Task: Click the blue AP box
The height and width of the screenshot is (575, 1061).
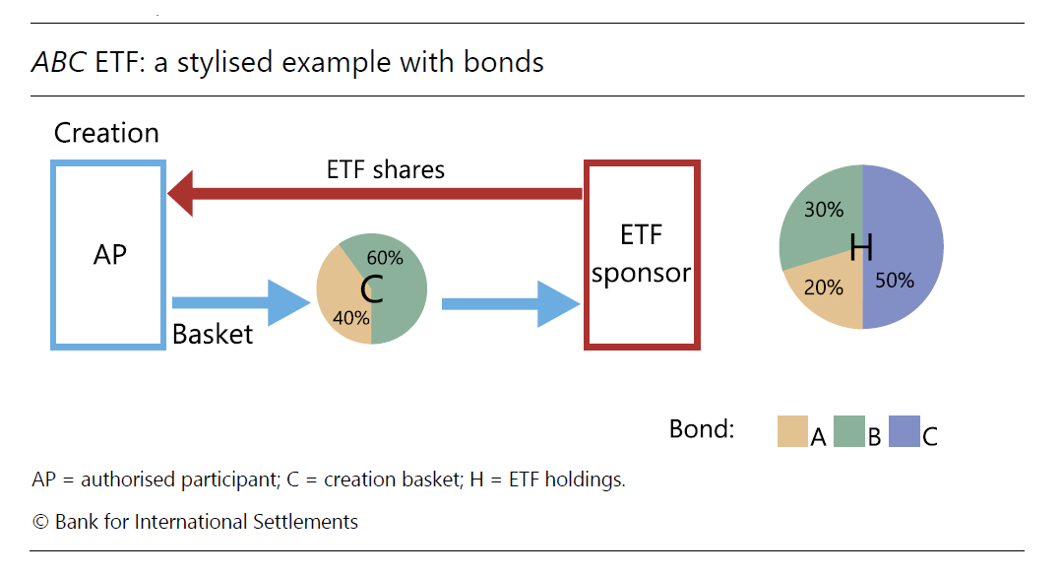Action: point(108,255)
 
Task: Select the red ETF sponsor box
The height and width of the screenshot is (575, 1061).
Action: point(642,254)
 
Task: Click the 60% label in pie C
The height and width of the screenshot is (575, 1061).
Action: point(385,258)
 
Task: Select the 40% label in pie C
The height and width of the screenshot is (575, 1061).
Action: point(351,317)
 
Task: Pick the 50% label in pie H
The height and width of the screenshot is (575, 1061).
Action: point(895,281)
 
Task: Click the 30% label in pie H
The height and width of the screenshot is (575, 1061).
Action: point(824,210)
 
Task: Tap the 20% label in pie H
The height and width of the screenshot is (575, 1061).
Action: point(824,287)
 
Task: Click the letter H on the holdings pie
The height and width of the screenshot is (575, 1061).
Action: point(861,247)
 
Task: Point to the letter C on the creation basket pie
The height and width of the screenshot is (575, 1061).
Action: point(371,289)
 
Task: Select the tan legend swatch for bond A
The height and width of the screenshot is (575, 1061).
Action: point(792,431)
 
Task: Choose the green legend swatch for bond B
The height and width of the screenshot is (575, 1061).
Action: point(848,431)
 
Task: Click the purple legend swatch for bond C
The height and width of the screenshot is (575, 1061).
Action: point(904,431)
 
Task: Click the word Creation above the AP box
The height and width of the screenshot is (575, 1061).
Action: point(106,133)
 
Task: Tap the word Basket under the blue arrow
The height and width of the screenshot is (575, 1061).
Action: point(213,335)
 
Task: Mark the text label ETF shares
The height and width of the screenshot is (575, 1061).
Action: point(386,169)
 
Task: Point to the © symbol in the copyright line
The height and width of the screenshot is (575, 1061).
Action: point(40,522)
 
